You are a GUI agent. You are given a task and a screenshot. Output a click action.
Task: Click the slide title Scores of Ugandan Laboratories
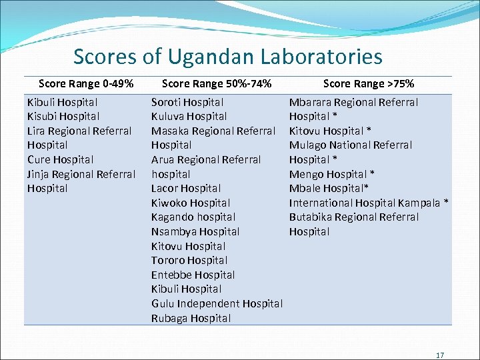[x=227, y=57]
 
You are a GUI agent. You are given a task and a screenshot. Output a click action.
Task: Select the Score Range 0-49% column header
[x=86, y=84]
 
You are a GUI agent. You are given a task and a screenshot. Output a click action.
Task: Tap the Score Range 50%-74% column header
[x=217, y=84]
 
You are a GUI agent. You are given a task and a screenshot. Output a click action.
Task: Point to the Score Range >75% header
[x=368, y=84]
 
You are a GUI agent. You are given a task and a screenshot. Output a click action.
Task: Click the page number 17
[x=439, y=355]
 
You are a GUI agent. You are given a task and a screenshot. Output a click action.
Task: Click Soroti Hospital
[x=187, y=103]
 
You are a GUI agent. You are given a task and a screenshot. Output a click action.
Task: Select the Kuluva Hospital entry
[x=189, y=117]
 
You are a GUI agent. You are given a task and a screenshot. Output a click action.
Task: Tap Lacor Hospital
[x=186, y=188]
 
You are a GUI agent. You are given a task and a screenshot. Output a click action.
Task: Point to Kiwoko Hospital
[x=191, y=203]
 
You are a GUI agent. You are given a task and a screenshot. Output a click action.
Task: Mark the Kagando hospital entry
[x=193, y=217]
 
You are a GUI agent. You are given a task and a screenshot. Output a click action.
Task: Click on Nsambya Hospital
[x=195, y=231]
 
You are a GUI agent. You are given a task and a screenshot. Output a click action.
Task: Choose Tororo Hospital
[x=189, y=260]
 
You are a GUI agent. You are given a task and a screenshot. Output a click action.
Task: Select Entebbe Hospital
[x=193, y=275]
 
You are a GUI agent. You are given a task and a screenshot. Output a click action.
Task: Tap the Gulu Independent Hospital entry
[x=217, y=303]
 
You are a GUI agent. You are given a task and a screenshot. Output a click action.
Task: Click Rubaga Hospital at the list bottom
[x=191, y=318]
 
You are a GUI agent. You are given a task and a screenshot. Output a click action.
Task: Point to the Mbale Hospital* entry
[x=329, y=188]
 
